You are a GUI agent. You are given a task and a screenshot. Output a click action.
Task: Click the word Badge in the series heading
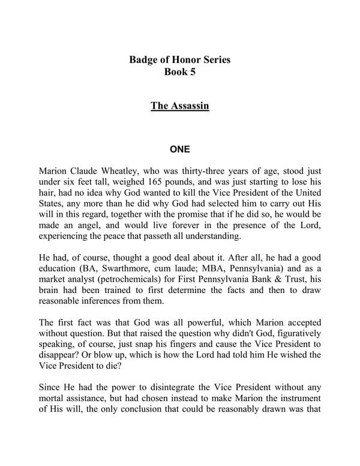point(144,61)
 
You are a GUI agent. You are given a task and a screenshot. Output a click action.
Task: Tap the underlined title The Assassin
point(179,107)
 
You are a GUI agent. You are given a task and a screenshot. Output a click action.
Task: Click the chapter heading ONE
point(180,144)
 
